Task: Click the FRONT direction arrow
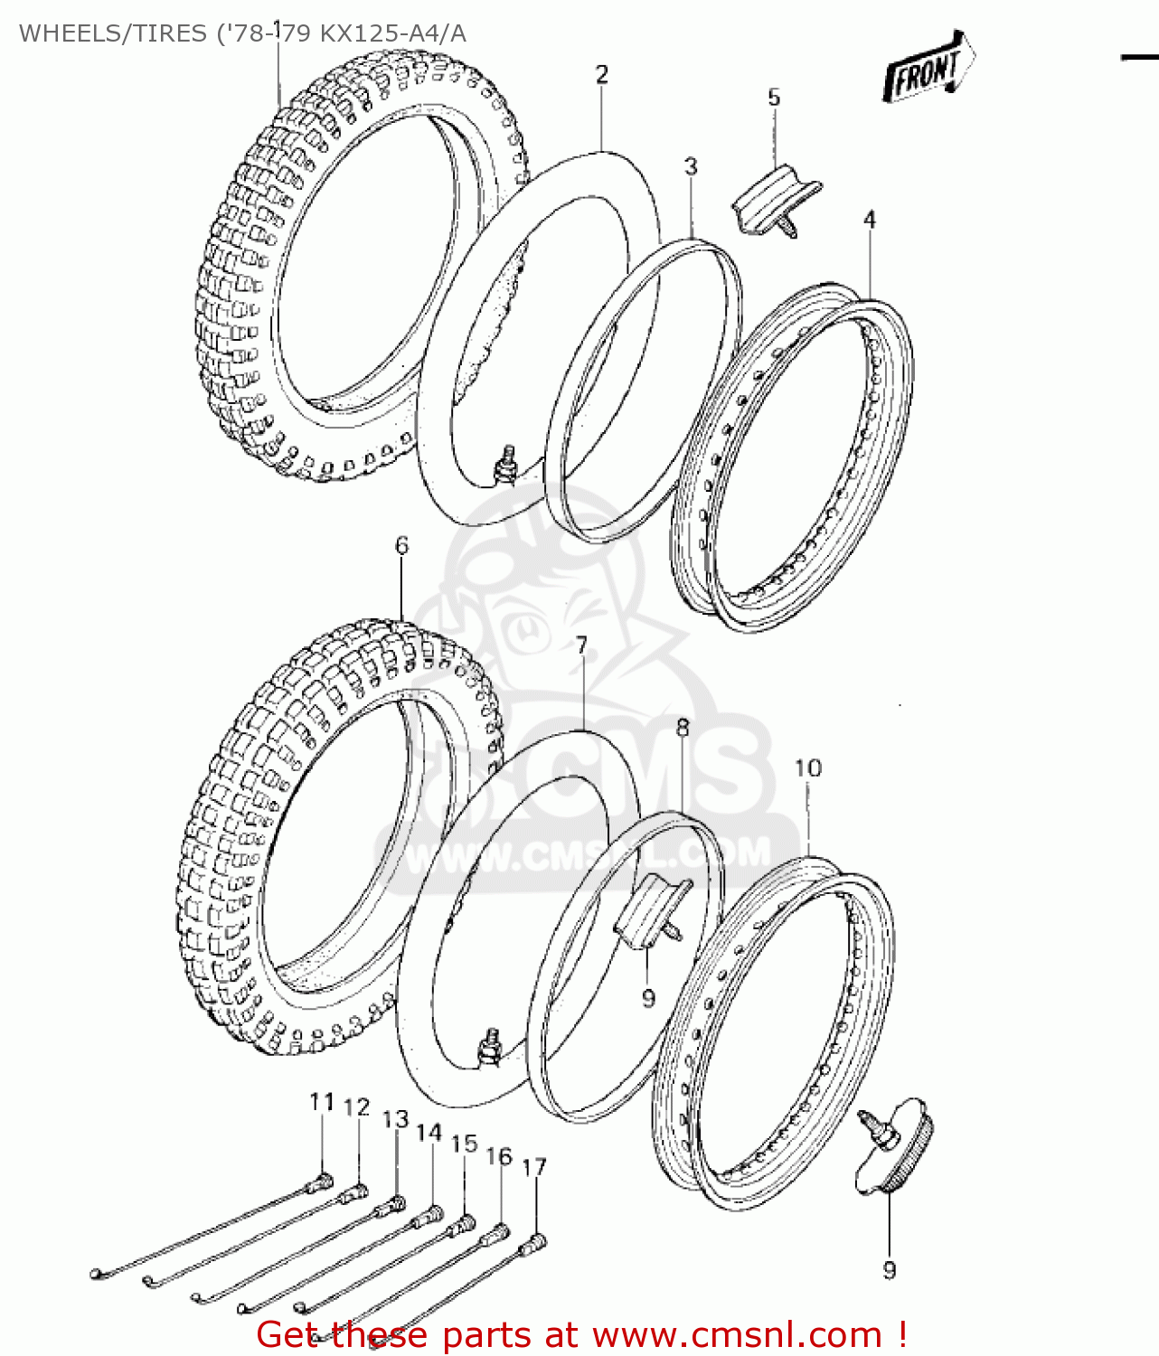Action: pos(928,68)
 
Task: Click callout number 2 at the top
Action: pos(602,75)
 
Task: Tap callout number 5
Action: pos(774,98)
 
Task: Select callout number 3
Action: pos(691,166)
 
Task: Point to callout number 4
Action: pos(870,220)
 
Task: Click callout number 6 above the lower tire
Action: pos(401,545)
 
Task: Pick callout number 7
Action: pos(581,645)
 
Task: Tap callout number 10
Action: pos(807,768)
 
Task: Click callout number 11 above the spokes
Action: pos(322,1102)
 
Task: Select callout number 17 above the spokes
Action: pos(534,1167)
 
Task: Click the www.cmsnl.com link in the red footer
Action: pos(736,1335)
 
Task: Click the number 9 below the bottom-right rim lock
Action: pos(890,1270)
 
